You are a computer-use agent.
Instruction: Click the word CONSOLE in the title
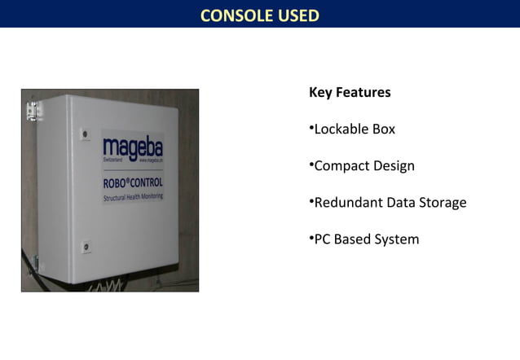tap(232, 15)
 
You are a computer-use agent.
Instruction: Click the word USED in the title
tap(295, 15)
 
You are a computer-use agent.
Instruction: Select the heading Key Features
tap(350, 92)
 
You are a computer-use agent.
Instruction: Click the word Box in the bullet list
tap(384, 129)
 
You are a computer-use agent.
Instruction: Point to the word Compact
tap(342, 166)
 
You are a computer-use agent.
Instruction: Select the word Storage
tap(442, 202)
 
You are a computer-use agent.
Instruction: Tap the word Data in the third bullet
tap(400, 202)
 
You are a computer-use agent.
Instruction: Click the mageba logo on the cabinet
tap(132, 149)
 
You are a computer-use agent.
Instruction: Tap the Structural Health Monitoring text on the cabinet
tap(132, 197)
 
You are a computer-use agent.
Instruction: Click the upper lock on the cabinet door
tap(85, 133)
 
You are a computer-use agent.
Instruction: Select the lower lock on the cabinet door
tap(85, 246)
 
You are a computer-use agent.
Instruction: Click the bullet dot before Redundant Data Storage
tap(311, 201)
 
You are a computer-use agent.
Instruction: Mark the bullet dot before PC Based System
tap(311, 239)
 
